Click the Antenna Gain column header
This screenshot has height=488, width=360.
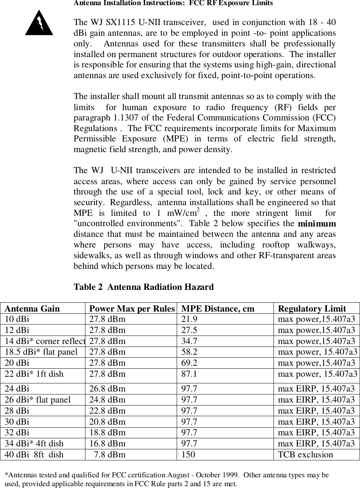pyautogui.click(x=32, y=309)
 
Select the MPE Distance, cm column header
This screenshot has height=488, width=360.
pyautogui.click(x=218, y=309)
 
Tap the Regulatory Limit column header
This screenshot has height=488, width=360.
pyautogui.click(x=312, y=309)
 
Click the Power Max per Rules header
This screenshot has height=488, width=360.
pyautogui.click(x=132, y=309)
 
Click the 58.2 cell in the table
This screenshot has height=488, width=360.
pyautogui.click(x=189, y=352)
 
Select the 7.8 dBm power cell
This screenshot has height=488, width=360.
pyautogui.click(x=110, y=454)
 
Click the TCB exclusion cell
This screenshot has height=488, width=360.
pyautogui.click(x=305, y=454)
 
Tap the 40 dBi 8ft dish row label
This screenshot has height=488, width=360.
pyautogui.click(x=34, y=454)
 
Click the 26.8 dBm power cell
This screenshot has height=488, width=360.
pyautogui.click(x=107, y=389)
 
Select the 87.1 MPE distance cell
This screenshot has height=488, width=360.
pyautogui.click(x=189, y=374)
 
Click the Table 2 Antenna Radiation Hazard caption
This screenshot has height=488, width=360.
pyautogui.click(x=144, y=287)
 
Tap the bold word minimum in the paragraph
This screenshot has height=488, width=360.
pyautogui.click(x=317, y=224)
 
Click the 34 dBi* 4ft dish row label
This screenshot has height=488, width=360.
pyautogui.click(x=34, y=443)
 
